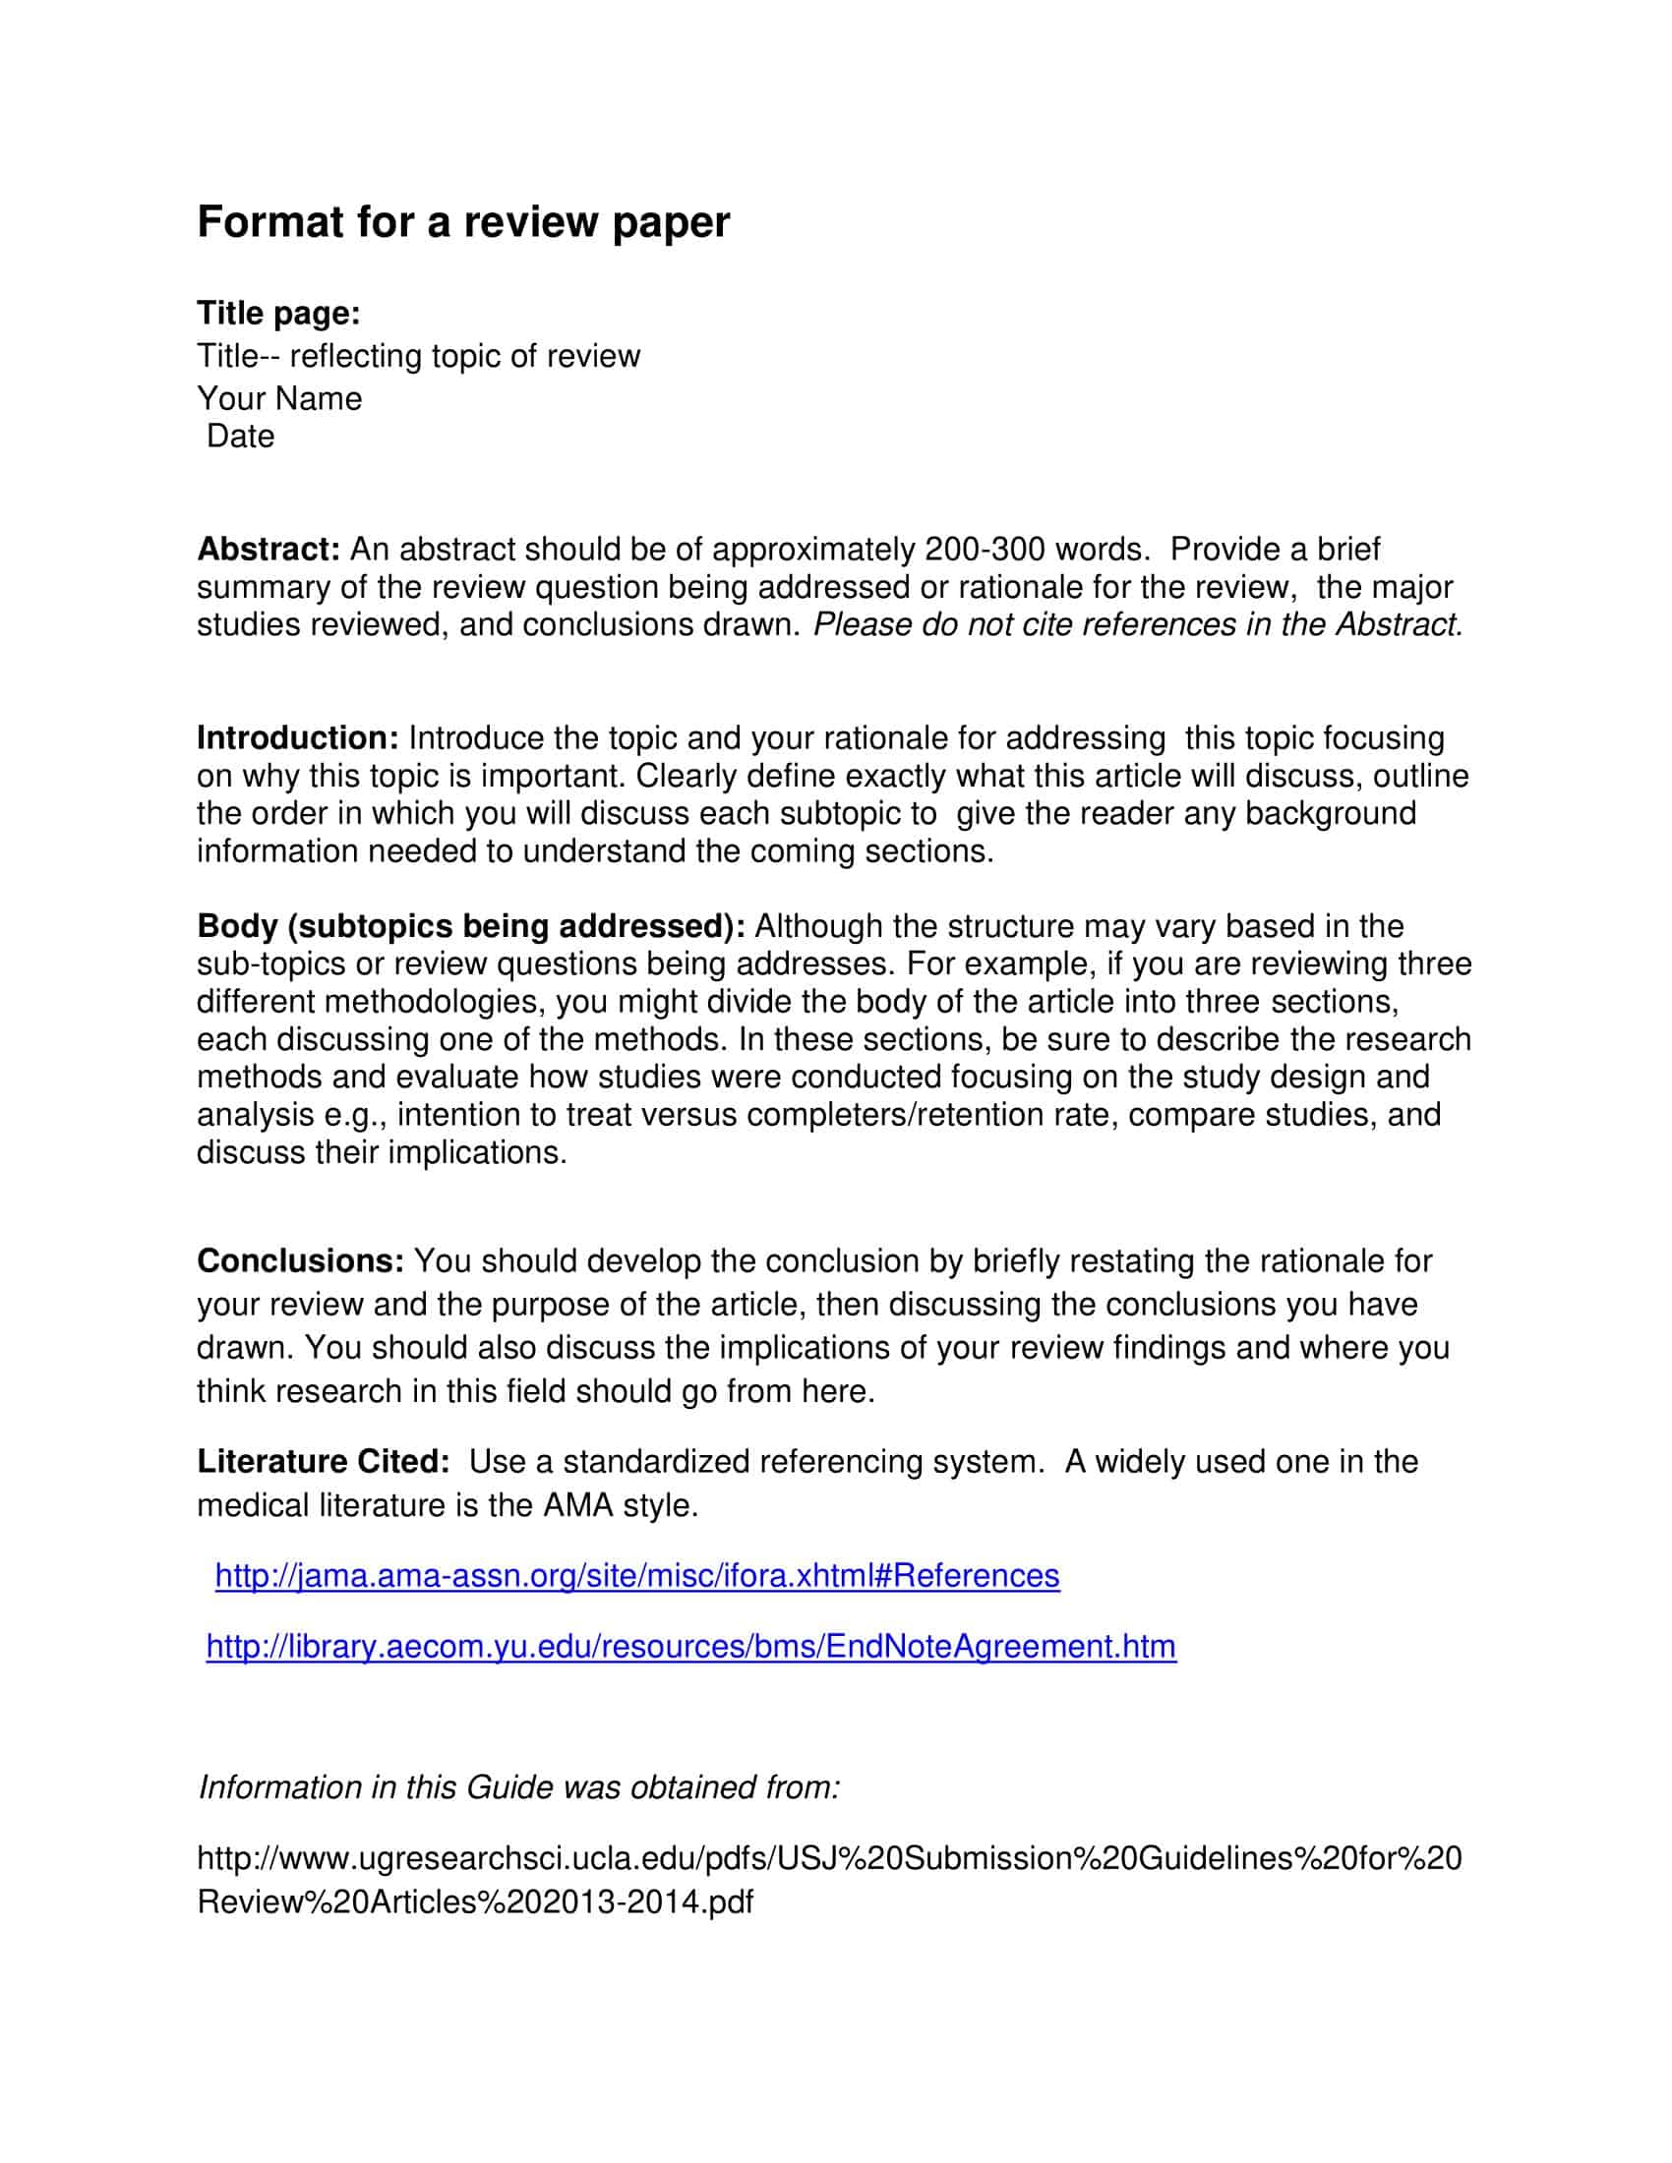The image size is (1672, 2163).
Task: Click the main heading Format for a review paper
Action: [x=462, y=222]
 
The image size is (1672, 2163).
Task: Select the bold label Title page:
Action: [x=278, y=313]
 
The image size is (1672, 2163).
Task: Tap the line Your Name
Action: [x=279, y=398]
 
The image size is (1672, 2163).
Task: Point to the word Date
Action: [x=241, y=436]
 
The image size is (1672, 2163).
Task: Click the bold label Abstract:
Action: [x=269, y=549]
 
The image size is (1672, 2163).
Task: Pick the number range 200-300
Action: [x=985, y=549]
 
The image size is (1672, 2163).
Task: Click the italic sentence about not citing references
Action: [x=1137, y=624]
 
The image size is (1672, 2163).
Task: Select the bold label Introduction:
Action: [x=297, y=737]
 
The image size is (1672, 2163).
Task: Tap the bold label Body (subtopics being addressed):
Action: [x=470, y=926]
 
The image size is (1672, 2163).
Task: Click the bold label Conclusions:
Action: [x=300, y=1260]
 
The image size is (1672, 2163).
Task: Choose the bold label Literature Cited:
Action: [x=323, y=1461]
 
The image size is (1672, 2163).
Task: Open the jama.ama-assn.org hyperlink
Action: [x=637, y=1575]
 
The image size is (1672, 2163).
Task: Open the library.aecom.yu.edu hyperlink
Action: [x=690, y=1646]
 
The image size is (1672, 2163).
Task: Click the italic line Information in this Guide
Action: [x=519, y=1786]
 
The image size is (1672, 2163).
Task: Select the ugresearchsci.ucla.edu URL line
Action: [x=829, y=1857]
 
